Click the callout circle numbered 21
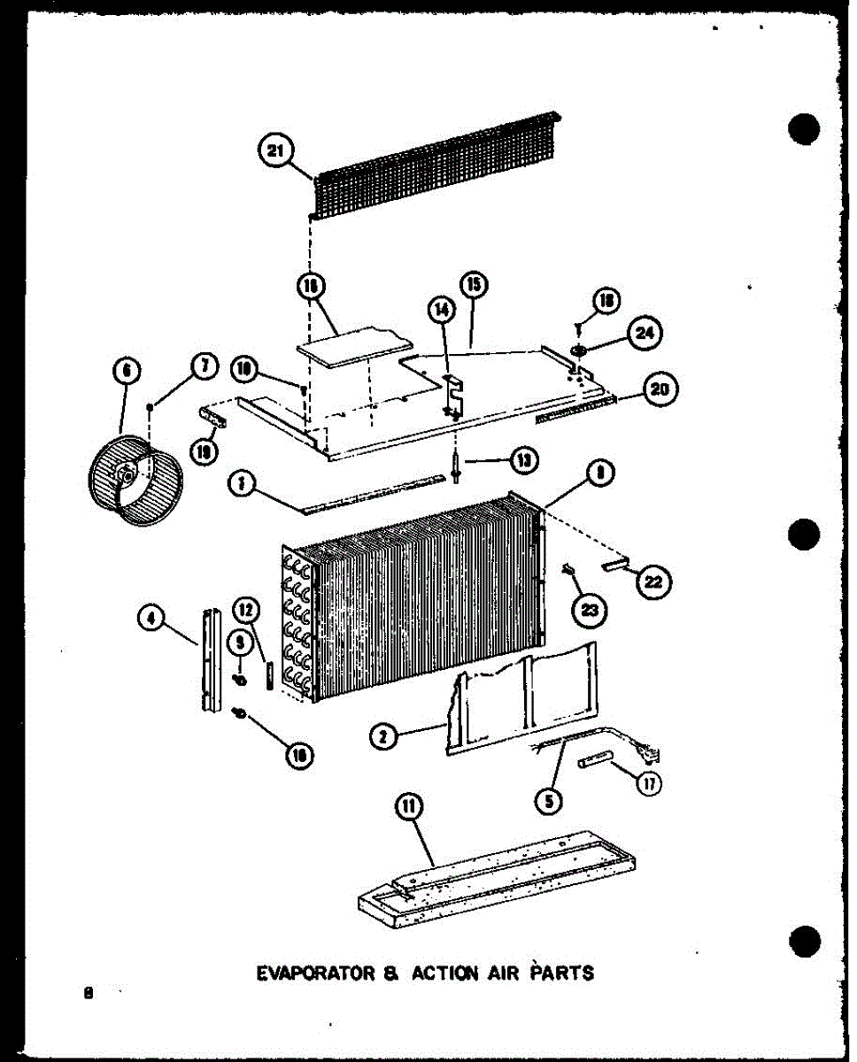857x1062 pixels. (275, 151)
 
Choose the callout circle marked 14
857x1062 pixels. (442, 310)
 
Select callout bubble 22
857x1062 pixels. (655, 582)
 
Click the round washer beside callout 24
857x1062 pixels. (580, 352)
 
